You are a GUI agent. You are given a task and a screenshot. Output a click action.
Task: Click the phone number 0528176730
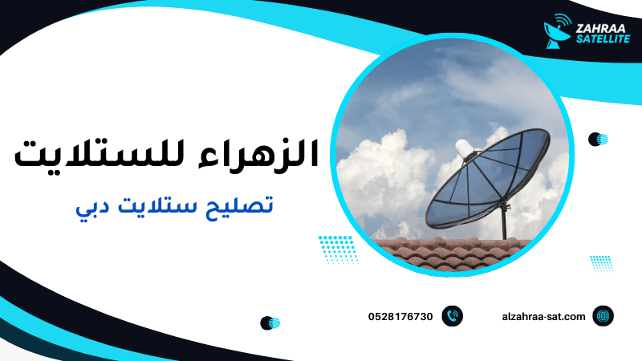point(400,317)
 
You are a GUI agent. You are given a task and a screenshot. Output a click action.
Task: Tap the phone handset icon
point(453,317)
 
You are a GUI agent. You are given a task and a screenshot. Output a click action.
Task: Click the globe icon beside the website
point(603,317)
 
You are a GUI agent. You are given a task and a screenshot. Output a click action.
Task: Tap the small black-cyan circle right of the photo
point(598,140)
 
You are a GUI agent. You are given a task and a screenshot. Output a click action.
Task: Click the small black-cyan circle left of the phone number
point(270,323)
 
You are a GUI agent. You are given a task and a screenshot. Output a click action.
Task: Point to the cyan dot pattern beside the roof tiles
point(338,249)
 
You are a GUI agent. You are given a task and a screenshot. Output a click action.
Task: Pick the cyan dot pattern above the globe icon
point(601,262)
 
